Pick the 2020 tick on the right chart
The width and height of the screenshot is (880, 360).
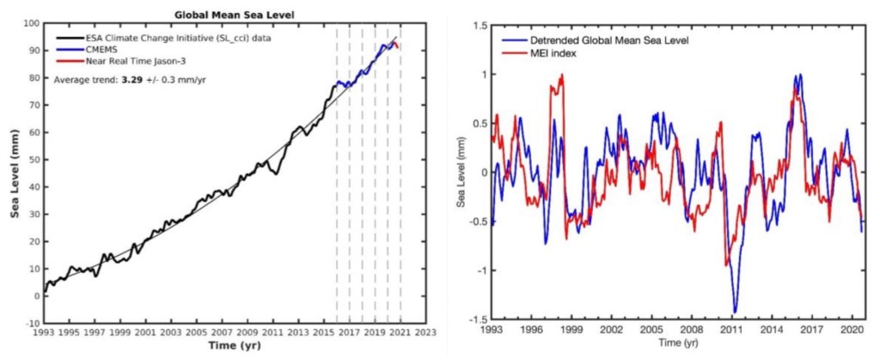[854, 329]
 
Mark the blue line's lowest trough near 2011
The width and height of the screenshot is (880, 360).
[736, 312]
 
